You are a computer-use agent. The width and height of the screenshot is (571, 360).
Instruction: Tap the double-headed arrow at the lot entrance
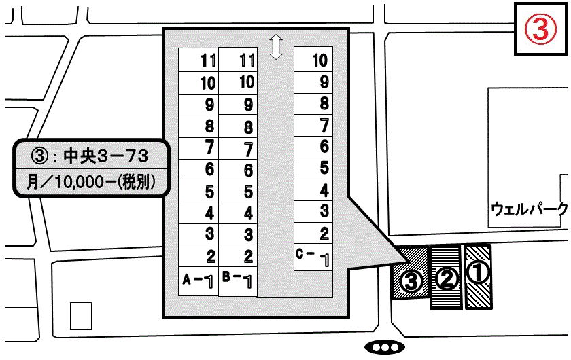tap(275, 47)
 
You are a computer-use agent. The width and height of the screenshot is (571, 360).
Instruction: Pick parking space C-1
tap(313, 257)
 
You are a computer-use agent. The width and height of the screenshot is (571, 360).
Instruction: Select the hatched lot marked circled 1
tap(478, 275)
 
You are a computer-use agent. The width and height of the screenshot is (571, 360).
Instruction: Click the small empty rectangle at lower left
tap(80, 316)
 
